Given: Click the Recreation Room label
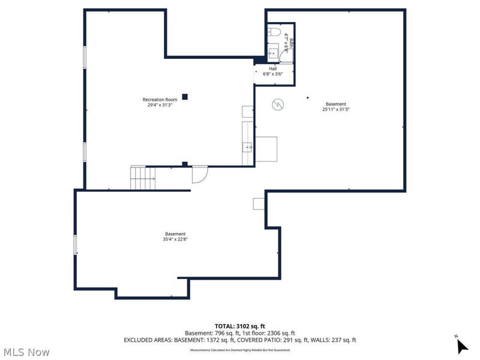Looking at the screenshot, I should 160,99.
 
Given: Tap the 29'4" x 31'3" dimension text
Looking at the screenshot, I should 160,105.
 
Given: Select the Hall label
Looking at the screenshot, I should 273,68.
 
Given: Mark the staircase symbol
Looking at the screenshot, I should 143,178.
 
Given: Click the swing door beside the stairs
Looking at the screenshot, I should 199,175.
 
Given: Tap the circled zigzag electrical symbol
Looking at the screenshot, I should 278,104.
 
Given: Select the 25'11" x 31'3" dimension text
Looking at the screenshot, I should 336,109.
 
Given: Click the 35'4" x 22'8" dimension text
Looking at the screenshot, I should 175,239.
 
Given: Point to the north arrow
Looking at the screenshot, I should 461,346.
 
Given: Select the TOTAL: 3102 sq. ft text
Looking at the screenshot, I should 239,326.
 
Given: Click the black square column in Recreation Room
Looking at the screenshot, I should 185,97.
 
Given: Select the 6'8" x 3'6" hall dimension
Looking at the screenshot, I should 273,74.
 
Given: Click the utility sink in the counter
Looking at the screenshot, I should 247,146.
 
